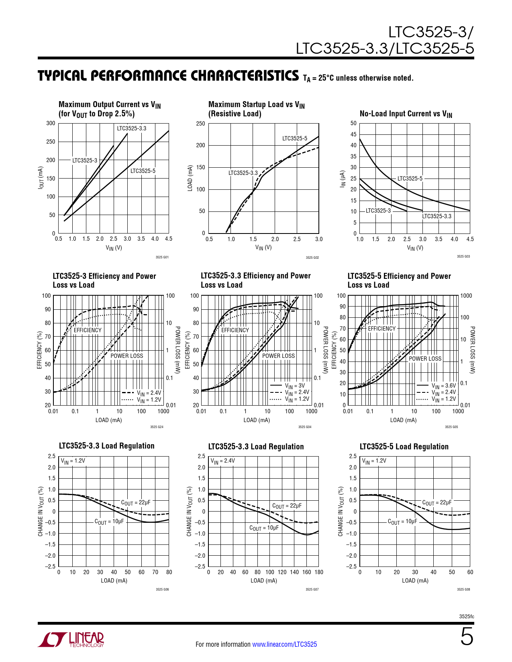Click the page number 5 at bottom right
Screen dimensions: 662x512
(467, 637)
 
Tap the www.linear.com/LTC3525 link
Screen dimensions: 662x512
(284, 644)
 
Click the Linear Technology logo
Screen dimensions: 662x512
(71, 640)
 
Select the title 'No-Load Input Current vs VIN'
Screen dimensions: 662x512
(406, 114)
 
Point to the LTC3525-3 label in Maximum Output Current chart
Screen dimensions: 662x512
(85, 160)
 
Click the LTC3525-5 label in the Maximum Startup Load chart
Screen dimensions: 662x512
(294, 138)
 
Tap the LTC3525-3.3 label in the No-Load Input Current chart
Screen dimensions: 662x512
(437, 216)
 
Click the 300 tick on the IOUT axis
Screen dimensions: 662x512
(51, 123)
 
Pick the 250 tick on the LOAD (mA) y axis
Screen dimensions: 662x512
(200, 124)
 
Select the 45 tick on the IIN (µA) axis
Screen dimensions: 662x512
(353, 134)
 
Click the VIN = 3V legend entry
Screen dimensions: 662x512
(295, 386)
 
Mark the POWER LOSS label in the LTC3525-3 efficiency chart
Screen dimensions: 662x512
(126, 356)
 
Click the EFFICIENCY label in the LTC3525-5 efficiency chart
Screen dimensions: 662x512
(381, 329)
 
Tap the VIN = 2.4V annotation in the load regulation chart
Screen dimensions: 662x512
(223, 461)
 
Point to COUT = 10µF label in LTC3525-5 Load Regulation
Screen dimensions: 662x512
(402, 522)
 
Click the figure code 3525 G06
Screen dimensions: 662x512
(162, 589)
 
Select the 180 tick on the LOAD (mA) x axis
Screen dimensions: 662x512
(319, 572)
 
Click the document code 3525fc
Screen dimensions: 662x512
(466, 617)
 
